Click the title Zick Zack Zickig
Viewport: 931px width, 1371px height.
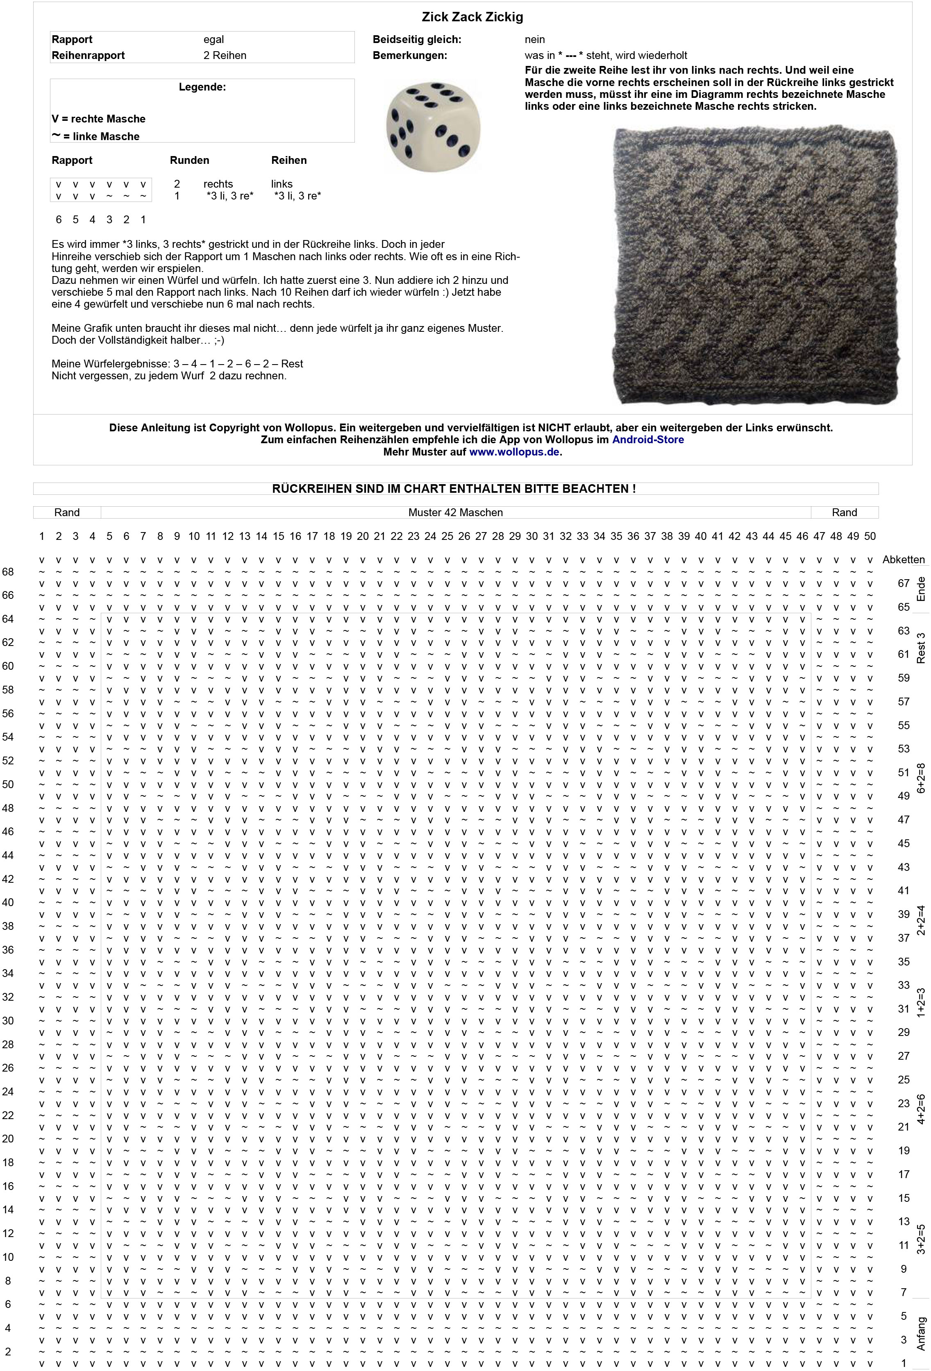coord(472,17)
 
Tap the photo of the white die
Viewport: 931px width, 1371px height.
coord(433,126)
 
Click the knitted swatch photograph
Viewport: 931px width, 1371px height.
coord(755,265)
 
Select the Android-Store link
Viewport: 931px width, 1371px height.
coord(648,440)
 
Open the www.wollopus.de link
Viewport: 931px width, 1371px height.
coord(515,452)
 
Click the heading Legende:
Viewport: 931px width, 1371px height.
coord(202,87)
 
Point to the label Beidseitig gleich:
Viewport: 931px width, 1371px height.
coord(416,39)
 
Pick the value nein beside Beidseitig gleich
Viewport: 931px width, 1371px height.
coord(534,39)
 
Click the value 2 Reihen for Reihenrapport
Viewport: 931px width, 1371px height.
coord(225,55)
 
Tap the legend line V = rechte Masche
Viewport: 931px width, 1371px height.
coord(98,118)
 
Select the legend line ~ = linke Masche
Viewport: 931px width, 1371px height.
coord(95,136)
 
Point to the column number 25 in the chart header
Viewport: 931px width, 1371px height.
coord(447,536)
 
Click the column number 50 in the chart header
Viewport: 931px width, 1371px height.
coord(870,536)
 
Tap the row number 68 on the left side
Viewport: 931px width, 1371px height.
coord(8,572)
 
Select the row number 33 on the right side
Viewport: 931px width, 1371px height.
coord(903,985)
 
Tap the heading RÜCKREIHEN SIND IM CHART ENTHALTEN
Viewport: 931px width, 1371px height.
coord(454,488)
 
